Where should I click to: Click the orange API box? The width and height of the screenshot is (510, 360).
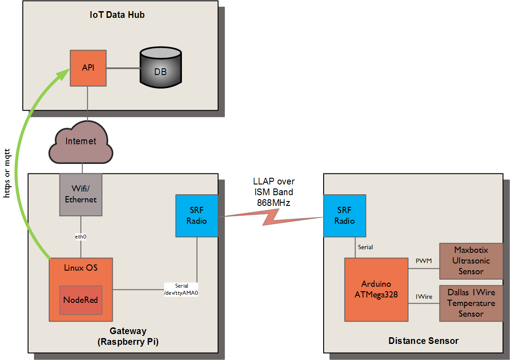[88, 68]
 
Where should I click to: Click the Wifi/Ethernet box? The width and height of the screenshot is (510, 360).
[81, 195]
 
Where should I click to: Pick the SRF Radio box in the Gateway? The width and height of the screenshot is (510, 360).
[197, 215]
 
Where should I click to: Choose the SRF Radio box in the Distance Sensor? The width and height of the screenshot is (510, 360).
[345, 215]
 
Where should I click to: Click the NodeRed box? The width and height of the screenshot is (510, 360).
[80, 300]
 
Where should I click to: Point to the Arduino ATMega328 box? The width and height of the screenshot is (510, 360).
[376, 289]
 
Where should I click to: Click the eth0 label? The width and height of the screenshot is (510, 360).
[80, 237]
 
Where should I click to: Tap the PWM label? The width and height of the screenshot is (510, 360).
[423, 261]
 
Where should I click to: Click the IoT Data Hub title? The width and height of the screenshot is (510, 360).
[117, 15]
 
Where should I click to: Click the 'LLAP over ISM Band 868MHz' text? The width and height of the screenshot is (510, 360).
[274, 192]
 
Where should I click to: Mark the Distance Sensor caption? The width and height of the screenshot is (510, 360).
[423, 341]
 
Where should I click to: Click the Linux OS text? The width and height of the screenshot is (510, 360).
[80, 268]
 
